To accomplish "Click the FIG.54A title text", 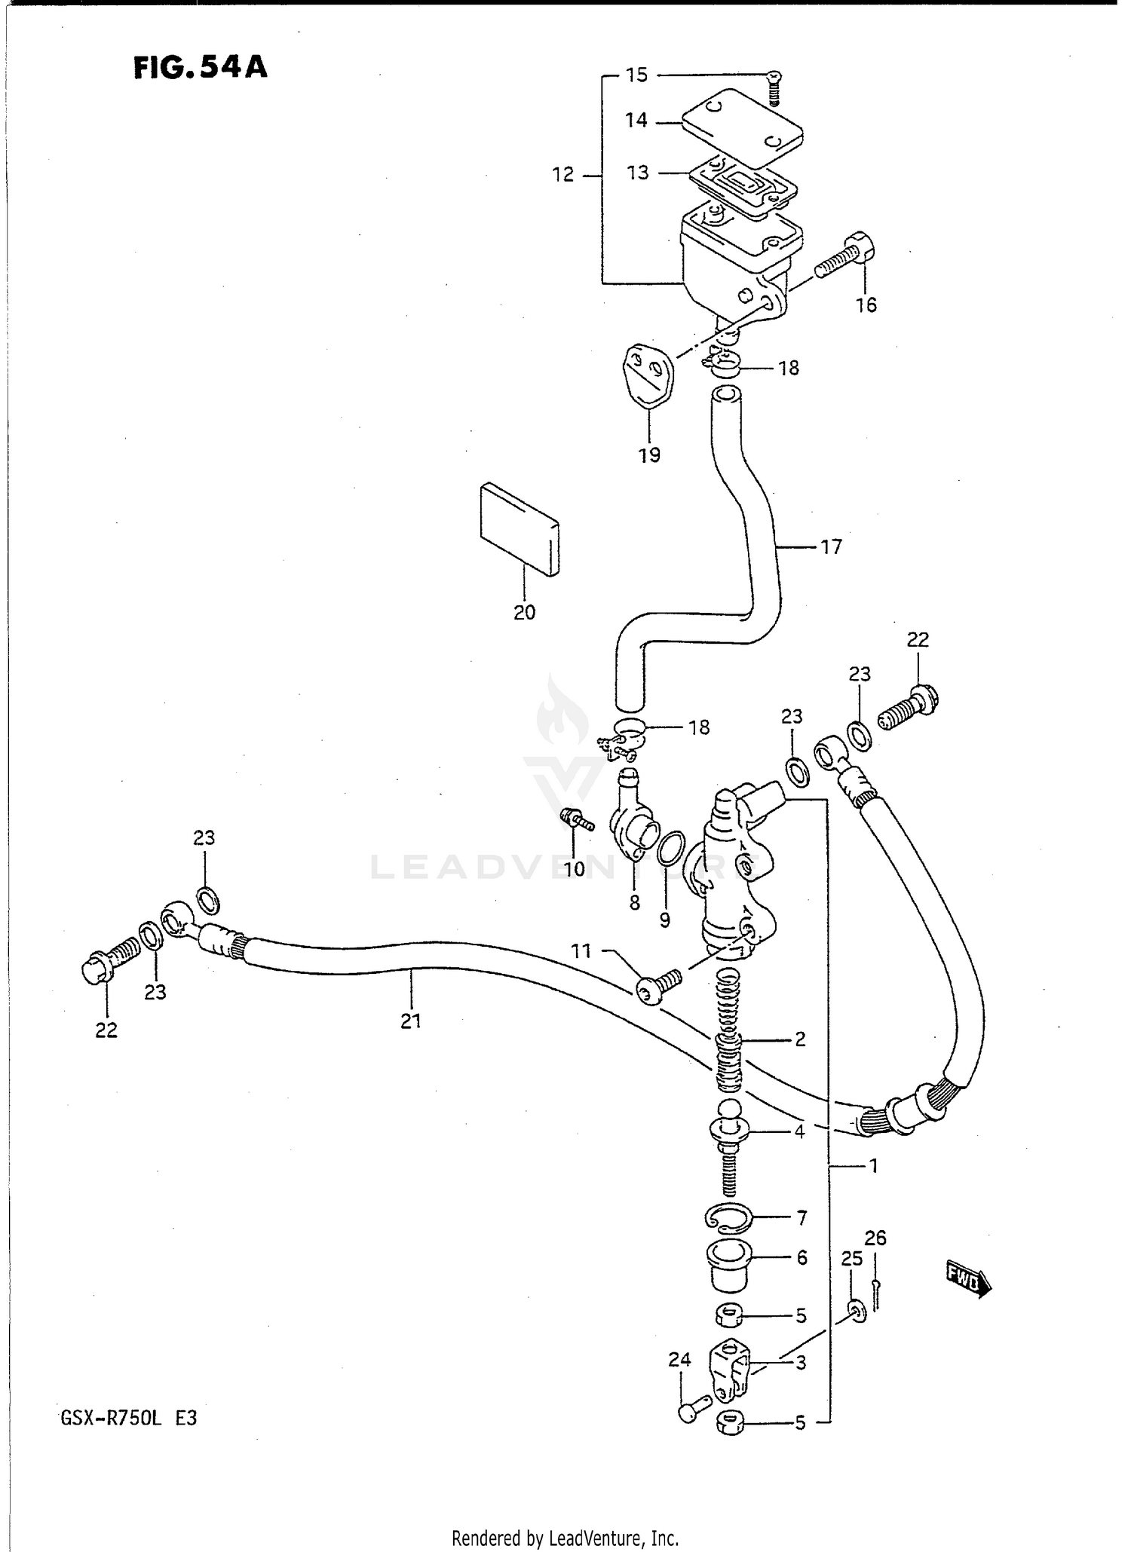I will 200,68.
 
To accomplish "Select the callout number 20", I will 524,613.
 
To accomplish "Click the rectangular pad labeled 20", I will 520,529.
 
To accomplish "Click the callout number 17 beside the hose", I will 831,546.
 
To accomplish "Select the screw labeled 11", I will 658,984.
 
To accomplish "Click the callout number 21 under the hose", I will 411,1021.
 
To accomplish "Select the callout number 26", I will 875,1238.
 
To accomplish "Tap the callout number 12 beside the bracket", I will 563,175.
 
